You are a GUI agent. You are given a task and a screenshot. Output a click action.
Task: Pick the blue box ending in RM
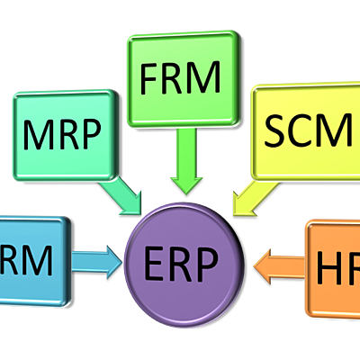31,261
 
